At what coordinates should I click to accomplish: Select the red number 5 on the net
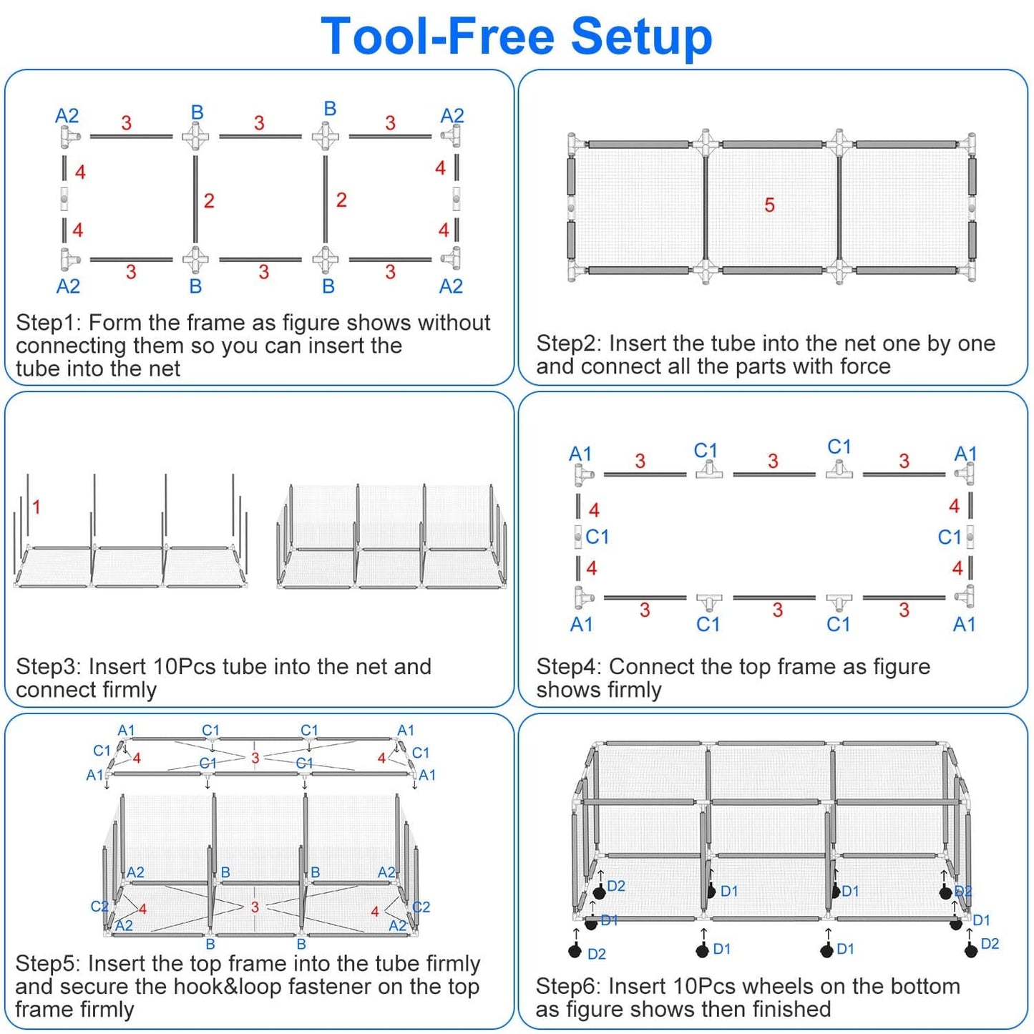click(x=769, y=205)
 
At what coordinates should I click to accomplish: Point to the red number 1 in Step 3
click(x=36, y=507)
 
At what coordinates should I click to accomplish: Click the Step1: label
click(x=48, y=323)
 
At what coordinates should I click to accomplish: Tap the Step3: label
click(x=48, y=666)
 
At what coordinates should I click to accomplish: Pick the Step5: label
click(x=48, y=963)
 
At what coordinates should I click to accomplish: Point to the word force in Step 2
click(x=865, y=366)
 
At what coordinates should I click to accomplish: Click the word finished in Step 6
click(x=791, y=1010)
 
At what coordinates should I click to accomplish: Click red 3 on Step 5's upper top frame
click(x=255, y=758)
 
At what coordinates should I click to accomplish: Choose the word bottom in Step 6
click(x=926, y=986)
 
